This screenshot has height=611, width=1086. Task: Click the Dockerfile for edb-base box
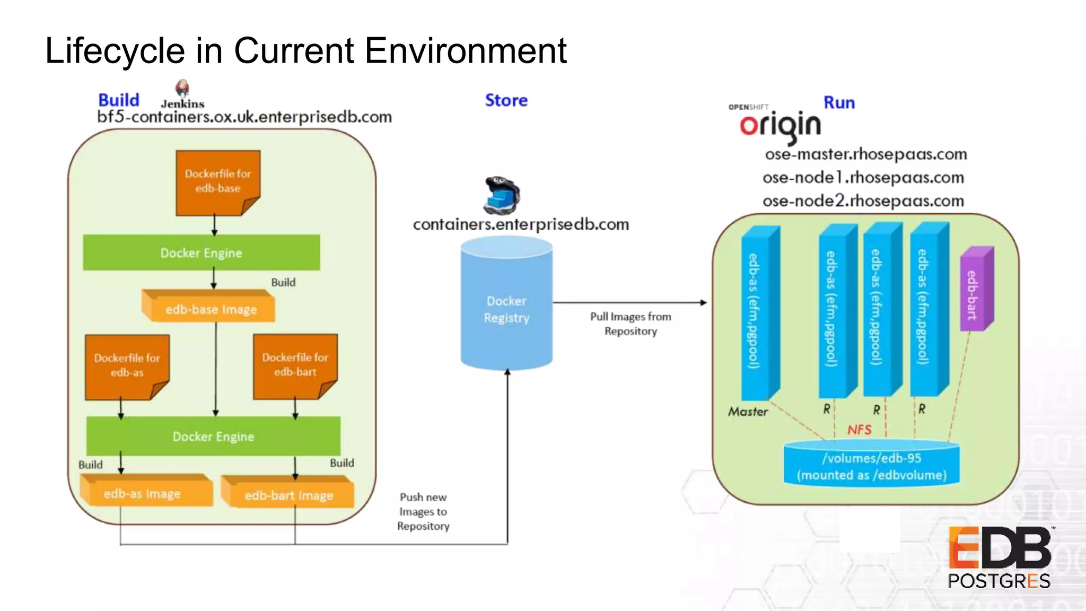217,181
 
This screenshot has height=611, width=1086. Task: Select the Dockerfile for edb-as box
127,365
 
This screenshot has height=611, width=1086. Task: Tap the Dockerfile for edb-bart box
295,365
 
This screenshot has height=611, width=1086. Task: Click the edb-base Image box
210,309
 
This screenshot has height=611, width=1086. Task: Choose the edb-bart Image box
288,494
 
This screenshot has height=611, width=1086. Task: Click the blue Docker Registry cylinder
506,308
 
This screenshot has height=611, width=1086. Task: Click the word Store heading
506,100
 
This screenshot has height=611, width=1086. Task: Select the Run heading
839,102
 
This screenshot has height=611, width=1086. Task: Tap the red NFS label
859,430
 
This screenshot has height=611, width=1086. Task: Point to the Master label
748,412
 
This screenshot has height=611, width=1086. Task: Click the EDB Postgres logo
1000,557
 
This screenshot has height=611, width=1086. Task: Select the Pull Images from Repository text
630,324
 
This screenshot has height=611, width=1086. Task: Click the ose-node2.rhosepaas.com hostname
863,201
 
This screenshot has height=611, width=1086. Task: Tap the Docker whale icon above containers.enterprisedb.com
502,195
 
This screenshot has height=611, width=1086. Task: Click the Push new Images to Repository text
423,511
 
